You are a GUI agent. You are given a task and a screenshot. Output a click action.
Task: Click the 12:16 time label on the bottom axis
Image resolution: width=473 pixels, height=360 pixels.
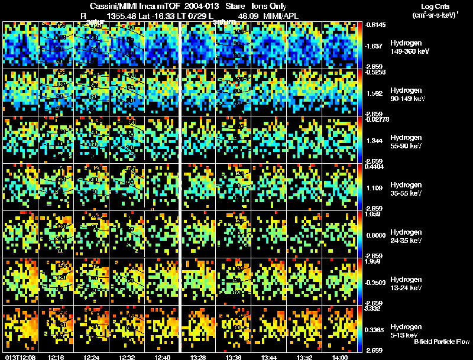pos(56,357)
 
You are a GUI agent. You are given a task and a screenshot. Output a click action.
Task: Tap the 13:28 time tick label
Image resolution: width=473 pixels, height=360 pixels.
pos(198,357)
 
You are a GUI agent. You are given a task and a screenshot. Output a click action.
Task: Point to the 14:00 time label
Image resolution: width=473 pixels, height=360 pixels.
pos(340,357)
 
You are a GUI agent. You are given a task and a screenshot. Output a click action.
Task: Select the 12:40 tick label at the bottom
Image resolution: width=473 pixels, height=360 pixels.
pos(163,357)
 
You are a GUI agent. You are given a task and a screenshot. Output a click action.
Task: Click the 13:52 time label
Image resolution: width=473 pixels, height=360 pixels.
pos(304,357)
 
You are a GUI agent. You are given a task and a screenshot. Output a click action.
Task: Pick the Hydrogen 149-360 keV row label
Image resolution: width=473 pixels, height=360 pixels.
pos(405,47)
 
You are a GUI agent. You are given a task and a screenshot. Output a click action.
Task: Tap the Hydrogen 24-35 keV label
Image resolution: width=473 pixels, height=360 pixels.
pos(405,236)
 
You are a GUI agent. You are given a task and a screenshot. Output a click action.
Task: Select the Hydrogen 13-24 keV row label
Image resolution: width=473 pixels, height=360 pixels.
pos(405,283)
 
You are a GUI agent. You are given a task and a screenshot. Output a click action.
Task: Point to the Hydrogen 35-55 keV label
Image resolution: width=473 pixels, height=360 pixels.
pos(405,189)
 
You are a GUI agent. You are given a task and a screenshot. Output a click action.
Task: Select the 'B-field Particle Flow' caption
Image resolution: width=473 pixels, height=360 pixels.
pos(442,342)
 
